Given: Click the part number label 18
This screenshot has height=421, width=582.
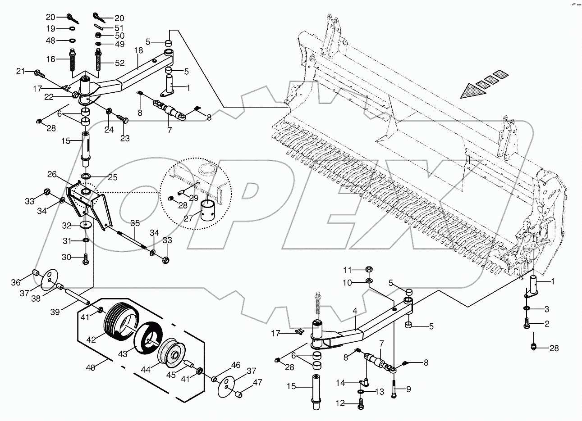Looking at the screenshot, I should click(x=138, y=50).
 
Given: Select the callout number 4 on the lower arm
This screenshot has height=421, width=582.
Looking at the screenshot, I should click(x=355, y=310).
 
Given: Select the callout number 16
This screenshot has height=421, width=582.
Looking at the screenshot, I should click(x=50, y=59).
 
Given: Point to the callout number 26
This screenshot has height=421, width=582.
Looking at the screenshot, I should click(x=52, y=174).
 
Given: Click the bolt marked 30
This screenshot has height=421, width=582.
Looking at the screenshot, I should click(x=85, y=259).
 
